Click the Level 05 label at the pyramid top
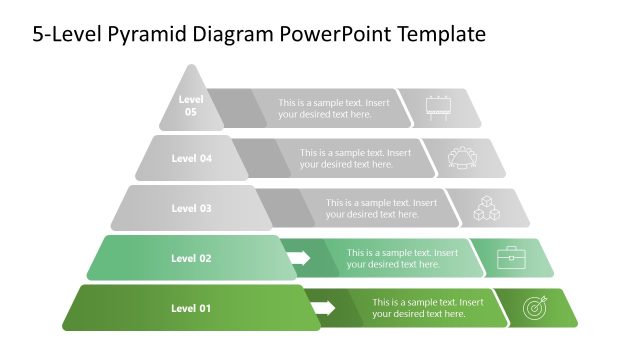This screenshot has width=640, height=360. coord(190,106)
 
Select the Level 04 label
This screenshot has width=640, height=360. coord(191,158)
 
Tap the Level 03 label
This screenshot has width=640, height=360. coord(191,208)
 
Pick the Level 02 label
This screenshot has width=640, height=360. coord(191,258)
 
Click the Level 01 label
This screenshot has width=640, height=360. coord(191,308)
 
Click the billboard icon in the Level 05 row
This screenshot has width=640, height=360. coord(438,107)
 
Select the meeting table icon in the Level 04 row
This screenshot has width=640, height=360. coord(463,157)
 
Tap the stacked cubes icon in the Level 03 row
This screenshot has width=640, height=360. coord(486,208)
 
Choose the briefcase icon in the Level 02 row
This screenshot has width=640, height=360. coord(511,258)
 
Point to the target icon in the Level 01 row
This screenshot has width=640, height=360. coord(536,308)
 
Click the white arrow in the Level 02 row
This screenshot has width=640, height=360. coord(298,258)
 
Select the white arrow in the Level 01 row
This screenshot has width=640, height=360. coord(320,308)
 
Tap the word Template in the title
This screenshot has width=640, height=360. coord(441,35)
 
